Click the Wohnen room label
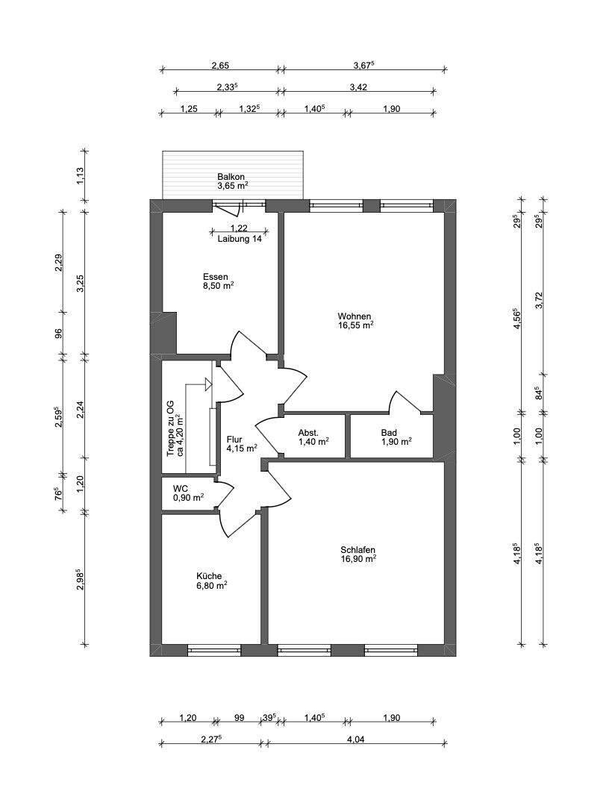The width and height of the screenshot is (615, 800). click(x=355, y=316)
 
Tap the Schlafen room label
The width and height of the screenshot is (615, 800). click(x=358, y=550)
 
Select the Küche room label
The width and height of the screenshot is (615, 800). click(x=209, y=576)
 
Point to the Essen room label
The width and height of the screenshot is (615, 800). click(x=216, y=277)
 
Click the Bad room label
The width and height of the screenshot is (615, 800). click(x=389, y=433)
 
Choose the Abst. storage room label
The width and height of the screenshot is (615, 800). click(x=308, y=433)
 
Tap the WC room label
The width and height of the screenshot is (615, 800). click(x=180, y=489)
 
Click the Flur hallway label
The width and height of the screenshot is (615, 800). click(x=234, y=440)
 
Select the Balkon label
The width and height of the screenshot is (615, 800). click(x=231, y=177)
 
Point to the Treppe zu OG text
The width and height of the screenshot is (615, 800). click(x=170, y=428)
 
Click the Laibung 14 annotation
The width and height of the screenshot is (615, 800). click(x=240, y=239)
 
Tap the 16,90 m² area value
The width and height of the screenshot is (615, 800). click(x=358, y=559)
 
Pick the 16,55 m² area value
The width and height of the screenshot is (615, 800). click(x=356, y=325)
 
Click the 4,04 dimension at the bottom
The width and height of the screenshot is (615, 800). click(x=356, y=739)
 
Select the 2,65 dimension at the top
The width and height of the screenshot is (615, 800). click(x=220, y=66)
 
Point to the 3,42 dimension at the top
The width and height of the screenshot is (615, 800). click(x=358, y=87)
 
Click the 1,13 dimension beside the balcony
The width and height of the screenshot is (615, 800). click(x=80, y=176)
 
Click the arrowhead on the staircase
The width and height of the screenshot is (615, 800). click(x=208, y=384)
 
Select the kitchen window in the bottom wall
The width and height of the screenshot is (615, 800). click(x=214, y=651)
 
